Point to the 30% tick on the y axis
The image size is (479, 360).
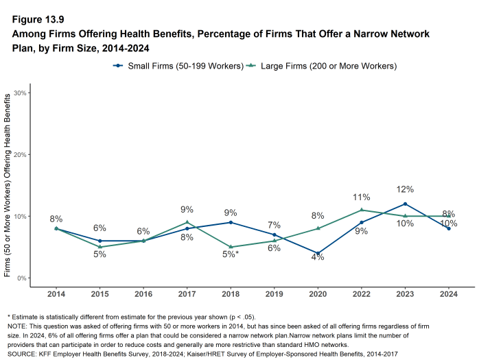tap(20, 93)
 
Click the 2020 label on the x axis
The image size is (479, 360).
tap(318, 293)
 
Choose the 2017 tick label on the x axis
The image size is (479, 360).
tap(187, 293)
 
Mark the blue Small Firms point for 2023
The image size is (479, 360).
tap(405, 204)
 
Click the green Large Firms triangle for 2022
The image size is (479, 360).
tap(362, 210)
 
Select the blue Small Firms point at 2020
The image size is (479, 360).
tap(318, 253)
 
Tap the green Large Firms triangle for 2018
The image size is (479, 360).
tap(231, 247)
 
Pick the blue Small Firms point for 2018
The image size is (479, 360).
tap(231, 222)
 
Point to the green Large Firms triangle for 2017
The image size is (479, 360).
tap(187, 222)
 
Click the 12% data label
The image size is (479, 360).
tap(405, 189)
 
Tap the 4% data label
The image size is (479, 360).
tap(318, 257)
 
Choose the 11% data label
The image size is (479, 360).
tap(362, 197)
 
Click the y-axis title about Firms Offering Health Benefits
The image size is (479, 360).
tap(8, 185)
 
